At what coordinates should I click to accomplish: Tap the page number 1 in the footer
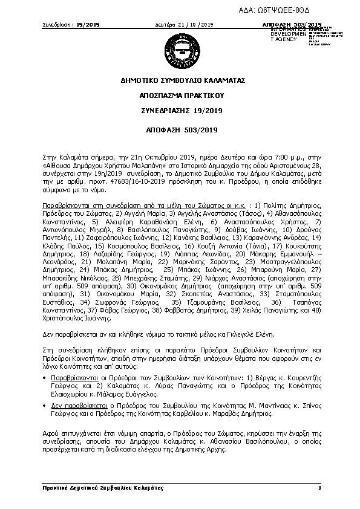click(318, 487)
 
